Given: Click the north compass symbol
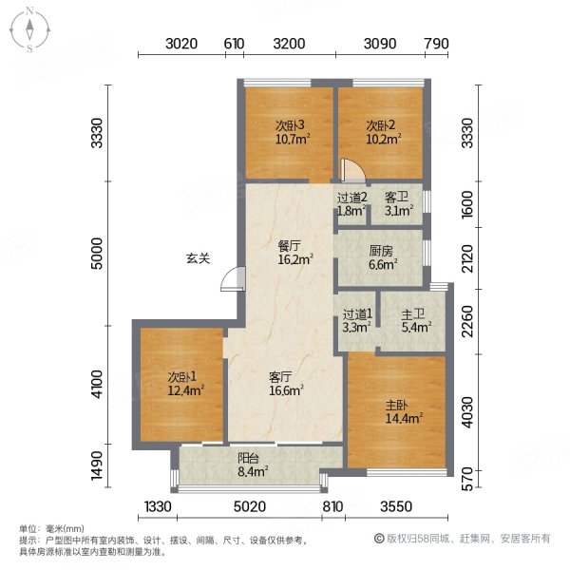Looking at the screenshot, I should click(29, 29).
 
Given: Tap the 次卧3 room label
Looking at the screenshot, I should click(289, 125).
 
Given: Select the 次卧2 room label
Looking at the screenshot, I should click(380, 125).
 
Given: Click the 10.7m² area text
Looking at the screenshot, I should click(289, 139).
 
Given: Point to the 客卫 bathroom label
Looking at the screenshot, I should click(396, 198).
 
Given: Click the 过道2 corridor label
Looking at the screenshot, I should click(351, 198).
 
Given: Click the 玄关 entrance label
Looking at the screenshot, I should click(197, 257).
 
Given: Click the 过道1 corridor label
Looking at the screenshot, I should click(357, 313).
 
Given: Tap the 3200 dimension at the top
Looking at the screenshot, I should click(289, 43).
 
